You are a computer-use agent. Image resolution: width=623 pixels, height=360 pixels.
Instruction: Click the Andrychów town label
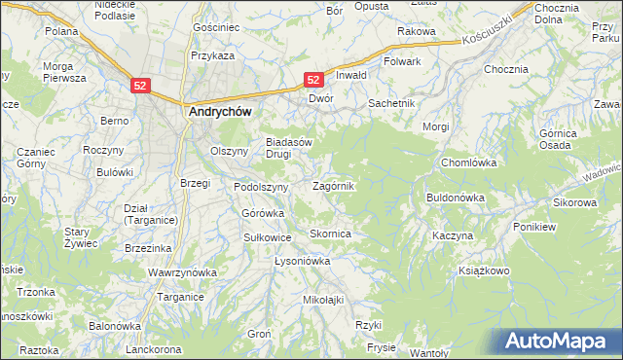tap(219, 112)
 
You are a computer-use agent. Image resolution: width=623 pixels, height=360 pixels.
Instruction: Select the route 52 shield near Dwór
tap(313, 79)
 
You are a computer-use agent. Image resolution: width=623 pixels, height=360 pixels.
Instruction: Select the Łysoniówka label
tap(303, 262)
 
